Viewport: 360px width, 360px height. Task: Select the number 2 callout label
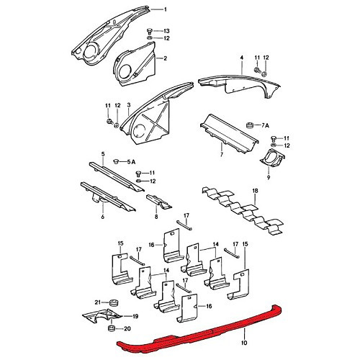(x=165, y=58)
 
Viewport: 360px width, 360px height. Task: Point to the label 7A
(x=266, y=125)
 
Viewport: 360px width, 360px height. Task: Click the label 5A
(x=133, y=161)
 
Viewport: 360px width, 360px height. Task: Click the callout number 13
(x=166, y=31)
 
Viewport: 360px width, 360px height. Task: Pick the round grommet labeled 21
(x=112, y=300)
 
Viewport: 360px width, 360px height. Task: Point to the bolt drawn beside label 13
(x=149, y=30)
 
